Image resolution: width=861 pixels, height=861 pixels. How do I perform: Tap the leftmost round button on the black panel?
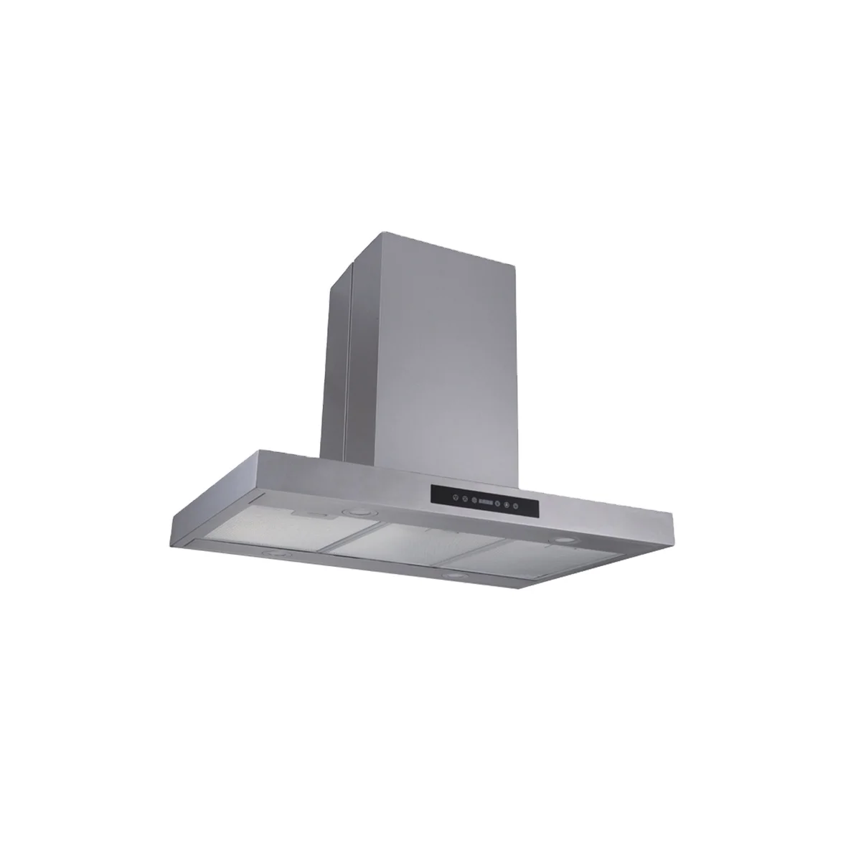[x=456, y=497]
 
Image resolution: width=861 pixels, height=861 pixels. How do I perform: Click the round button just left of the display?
[x=474, y=500]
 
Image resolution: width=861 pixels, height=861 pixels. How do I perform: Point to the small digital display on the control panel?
[x=486, y=502]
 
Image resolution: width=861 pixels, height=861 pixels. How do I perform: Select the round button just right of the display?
[x=497, y=504]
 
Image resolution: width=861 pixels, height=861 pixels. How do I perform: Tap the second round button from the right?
[x=507, y=505]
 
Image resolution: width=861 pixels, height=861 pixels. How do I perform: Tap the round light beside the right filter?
[x=562, y=540]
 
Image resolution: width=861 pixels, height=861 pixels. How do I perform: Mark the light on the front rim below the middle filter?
[x=454, y=575]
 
